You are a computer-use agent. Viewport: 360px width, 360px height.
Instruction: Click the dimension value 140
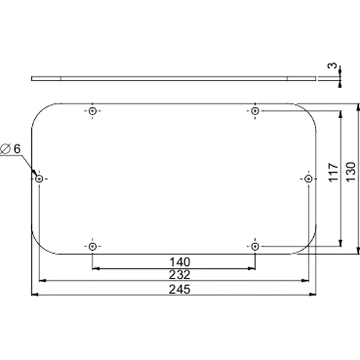179,262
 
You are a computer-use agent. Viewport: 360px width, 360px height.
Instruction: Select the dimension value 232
179,275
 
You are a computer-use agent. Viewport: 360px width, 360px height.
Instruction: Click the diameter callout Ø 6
11,148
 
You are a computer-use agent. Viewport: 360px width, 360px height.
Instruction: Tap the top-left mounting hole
92,112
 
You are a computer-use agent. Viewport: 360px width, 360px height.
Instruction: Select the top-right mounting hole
255,112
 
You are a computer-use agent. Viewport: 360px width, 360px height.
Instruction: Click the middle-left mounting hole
39,179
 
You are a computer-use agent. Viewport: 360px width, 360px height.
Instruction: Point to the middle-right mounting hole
308,179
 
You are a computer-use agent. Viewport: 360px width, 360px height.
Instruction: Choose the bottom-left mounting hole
92,247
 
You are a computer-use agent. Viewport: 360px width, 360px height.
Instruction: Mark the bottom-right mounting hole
255,247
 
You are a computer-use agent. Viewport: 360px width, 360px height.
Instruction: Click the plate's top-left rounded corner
40,111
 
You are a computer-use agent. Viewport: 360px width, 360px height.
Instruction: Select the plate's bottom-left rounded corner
40,246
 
